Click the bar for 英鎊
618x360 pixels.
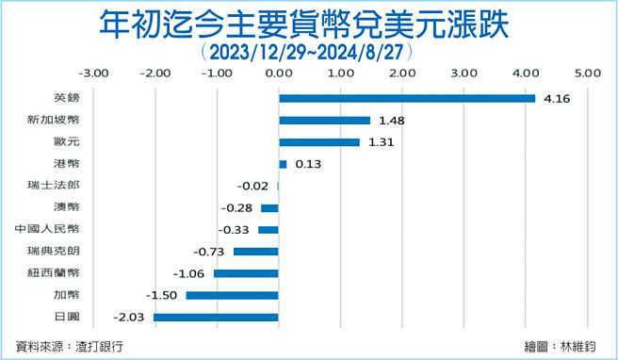click(x=407, y=98)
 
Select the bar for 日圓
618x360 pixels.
click(x=216, y=318)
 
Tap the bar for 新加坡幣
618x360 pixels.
click(x=324, y=121)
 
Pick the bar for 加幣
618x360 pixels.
click(x=233, y=296)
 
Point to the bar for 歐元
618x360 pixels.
click(x=319, y=142)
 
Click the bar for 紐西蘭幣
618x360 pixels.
click(x=246, y=273)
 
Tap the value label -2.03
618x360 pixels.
click(x=131, y=318)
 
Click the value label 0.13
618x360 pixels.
click(x=308, y=164)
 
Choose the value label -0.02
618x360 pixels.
click(x=255, y=186)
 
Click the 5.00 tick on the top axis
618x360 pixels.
click(x=588, y=72)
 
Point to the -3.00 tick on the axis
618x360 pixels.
click(x=92, y=72)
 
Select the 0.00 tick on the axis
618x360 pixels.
click(x=279, y=72)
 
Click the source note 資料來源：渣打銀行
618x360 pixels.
click(x=70, y=346)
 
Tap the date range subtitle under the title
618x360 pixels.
click(x=308, y=50)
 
